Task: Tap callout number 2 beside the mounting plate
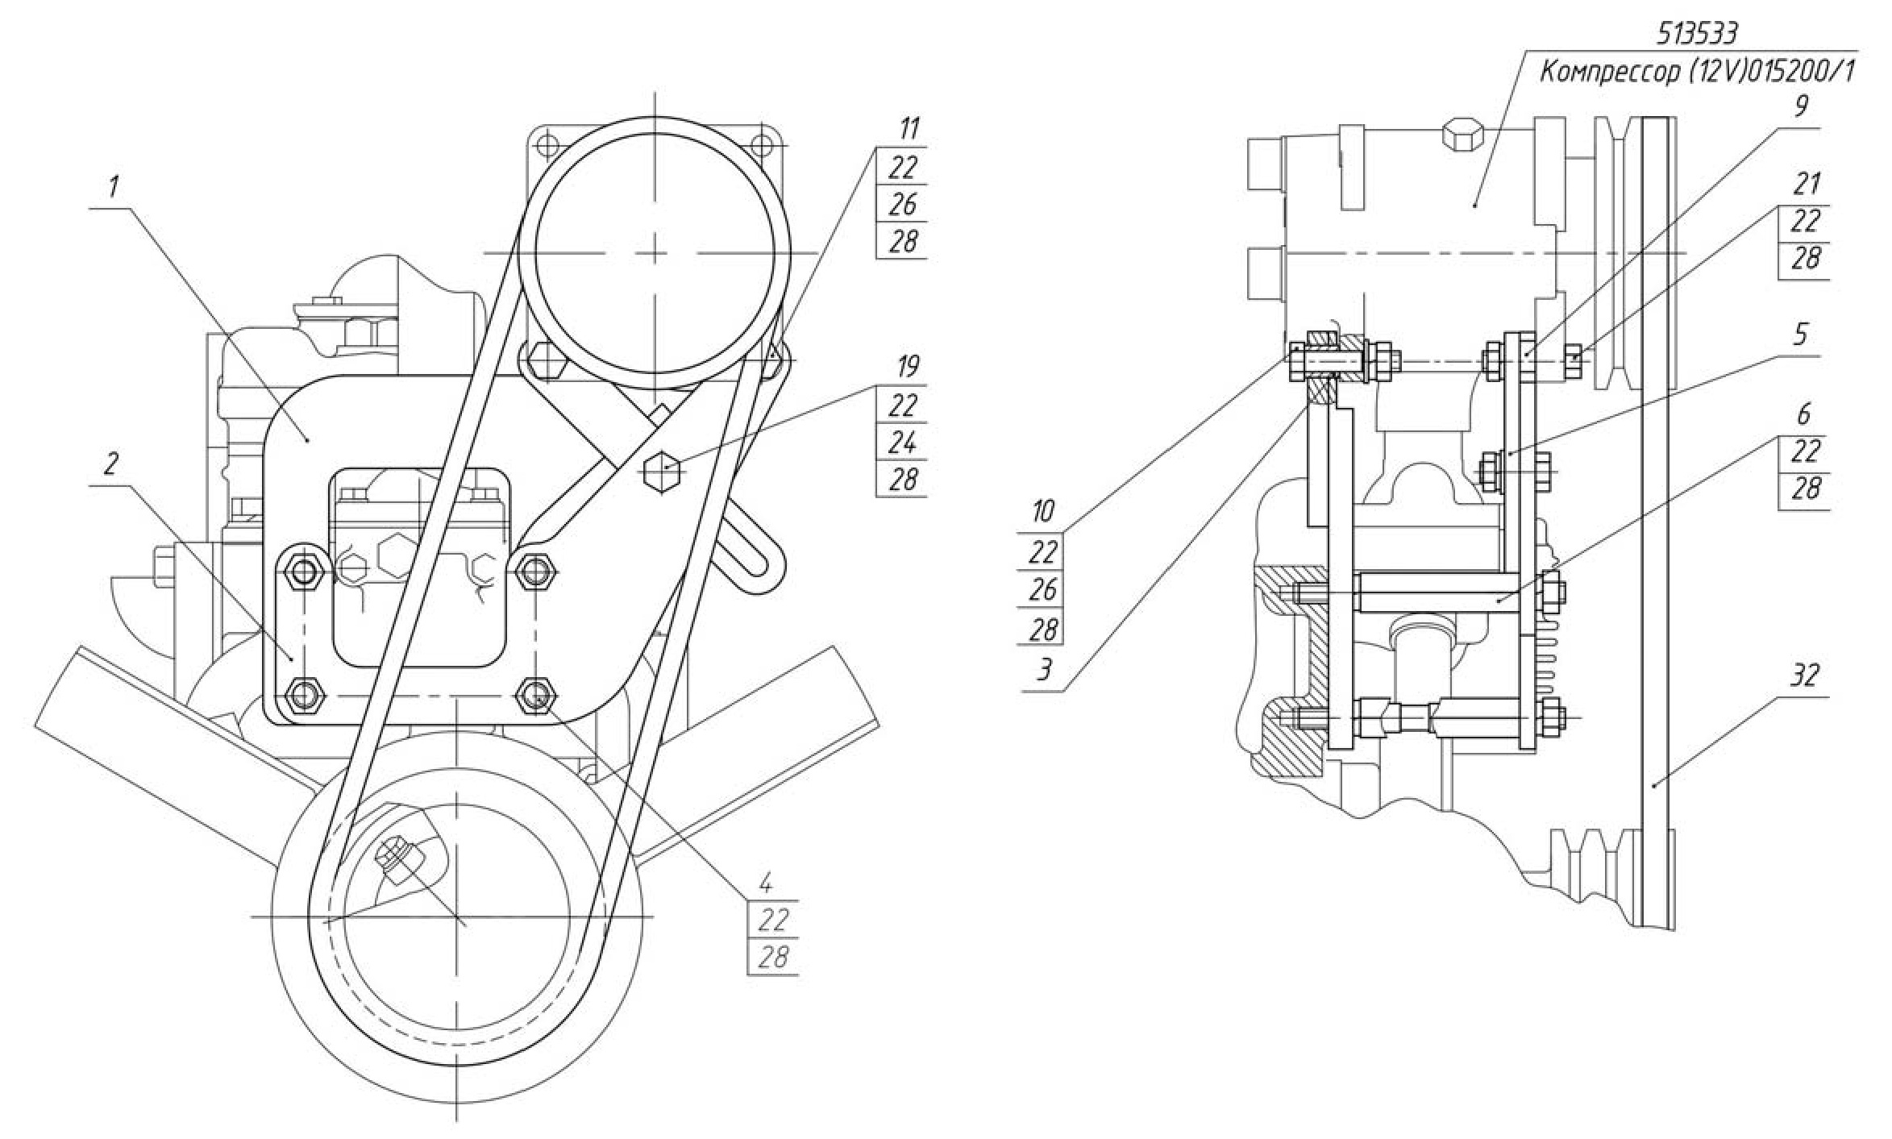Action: [x=111, y=463]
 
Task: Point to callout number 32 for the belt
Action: [x=1805, y=676]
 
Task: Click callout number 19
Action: [x=908, y=368]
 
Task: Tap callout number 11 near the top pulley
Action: [x=908, y=129]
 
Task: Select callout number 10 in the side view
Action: [x=1043, y=511]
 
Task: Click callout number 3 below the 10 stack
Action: [x=1044, y=670]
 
